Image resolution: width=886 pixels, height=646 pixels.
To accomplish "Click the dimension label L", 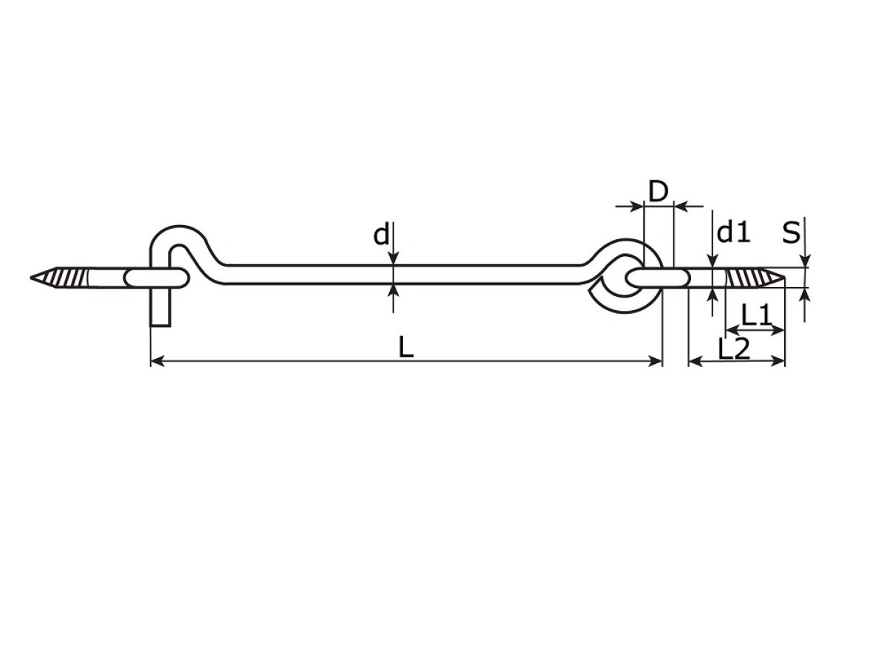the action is (406, 347).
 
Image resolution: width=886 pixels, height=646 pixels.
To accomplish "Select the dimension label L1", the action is (756, 315).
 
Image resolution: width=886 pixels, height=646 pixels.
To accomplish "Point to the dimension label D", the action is (659, 191).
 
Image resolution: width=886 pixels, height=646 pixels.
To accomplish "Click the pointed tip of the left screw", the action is (31, 278).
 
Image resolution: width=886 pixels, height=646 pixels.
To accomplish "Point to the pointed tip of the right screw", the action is (784, 278).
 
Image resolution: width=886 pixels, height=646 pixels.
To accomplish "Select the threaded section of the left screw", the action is (69, 278).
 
